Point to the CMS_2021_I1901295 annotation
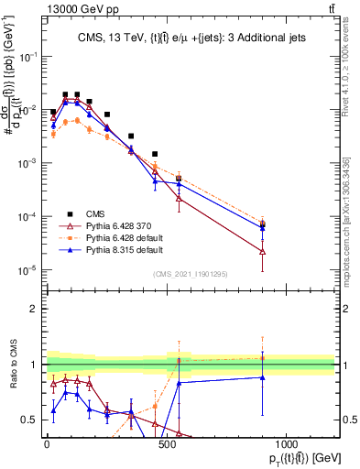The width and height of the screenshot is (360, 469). [191, 274]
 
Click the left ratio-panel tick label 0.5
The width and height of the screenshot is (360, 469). [30, 420]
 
